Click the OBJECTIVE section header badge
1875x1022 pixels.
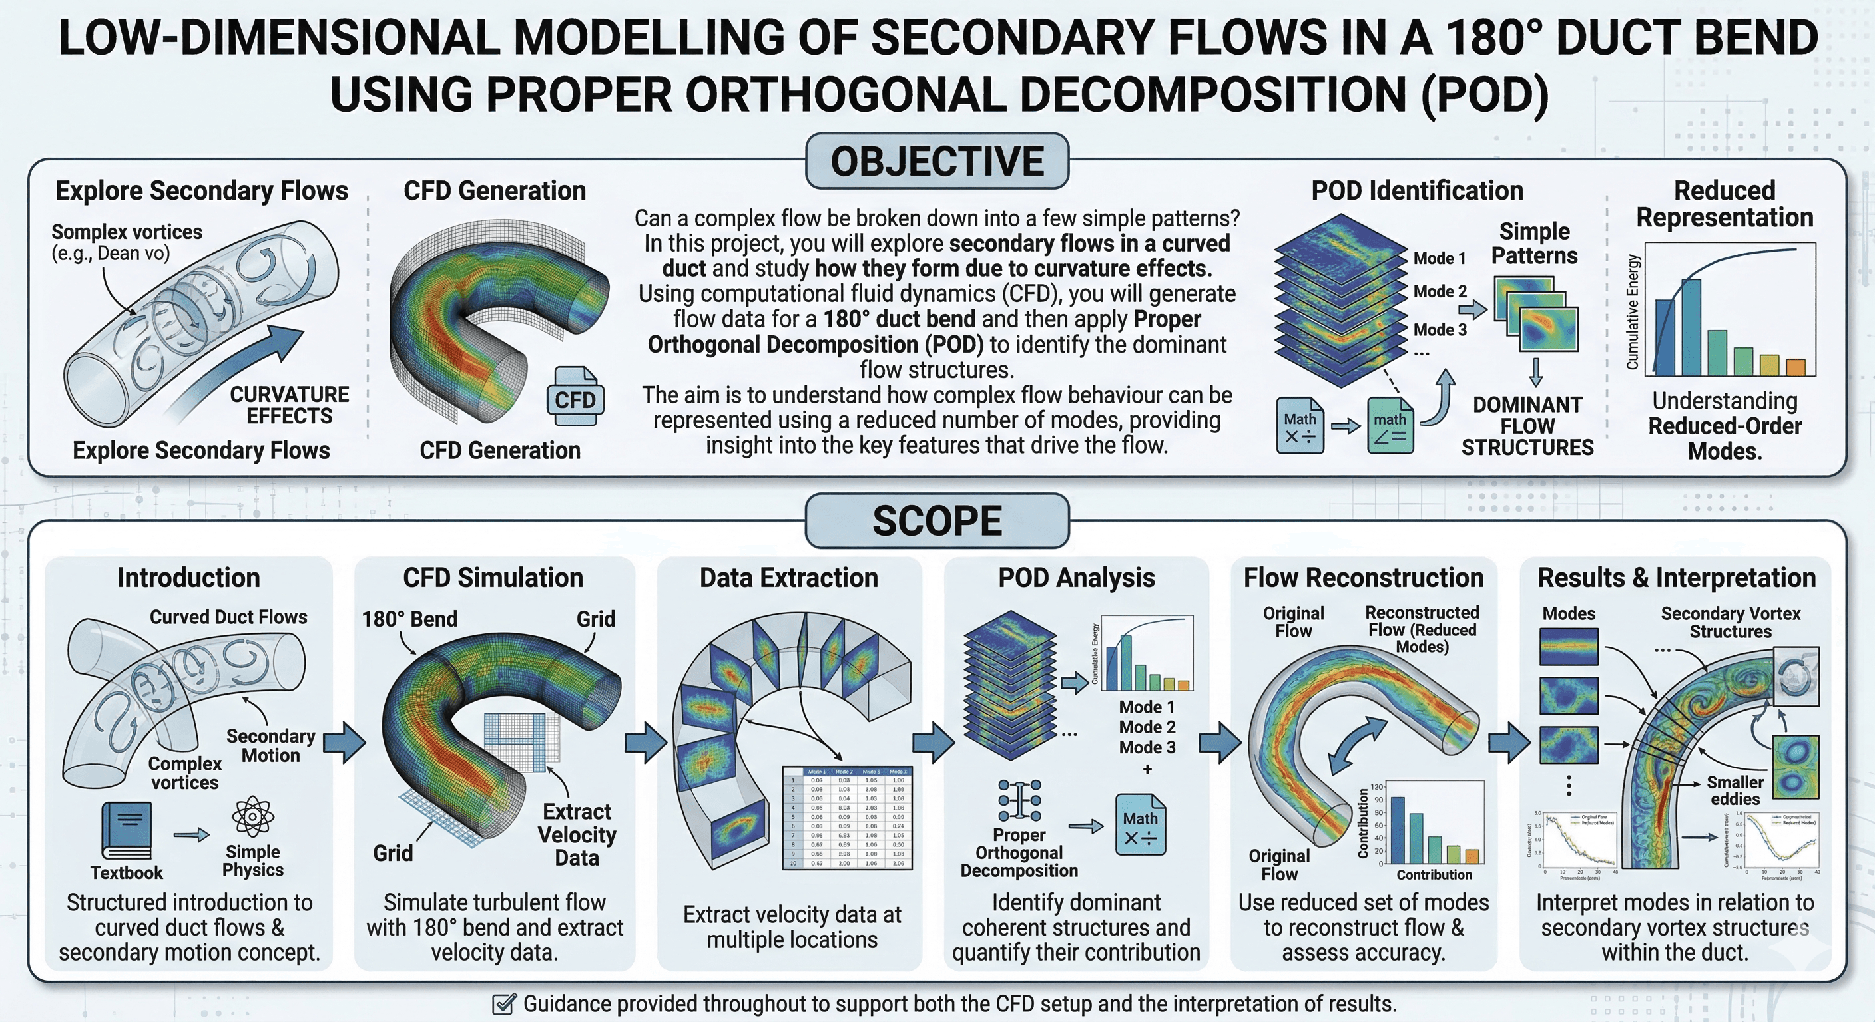point(937,162)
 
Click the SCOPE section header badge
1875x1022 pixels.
point(937,521)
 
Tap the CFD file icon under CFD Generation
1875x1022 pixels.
point(575,397)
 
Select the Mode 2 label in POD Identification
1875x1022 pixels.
point(1439,291)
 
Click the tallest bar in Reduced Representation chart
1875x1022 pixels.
point(1690,327)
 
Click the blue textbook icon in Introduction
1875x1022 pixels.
point(127,830)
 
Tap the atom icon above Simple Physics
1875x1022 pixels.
point(252,817)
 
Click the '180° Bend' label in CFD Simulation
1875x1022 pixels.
point(409,619)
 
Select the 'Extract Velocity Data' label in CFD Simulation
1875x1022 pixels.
point(577,834)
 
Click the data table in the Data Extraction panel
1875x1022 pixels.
point(847,818)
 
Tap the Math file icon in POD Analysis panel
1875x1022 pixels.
point(1140,825)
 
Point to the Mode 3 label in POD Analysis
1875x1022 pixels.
point(1147,747)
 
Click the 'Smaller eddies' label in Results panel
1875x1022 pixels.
point(1735,790)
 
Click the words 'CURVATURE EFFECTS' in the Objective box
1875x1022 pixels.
point(289,405)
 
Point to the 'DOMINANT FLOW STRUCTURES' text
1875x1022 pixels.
point(1527,426)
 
